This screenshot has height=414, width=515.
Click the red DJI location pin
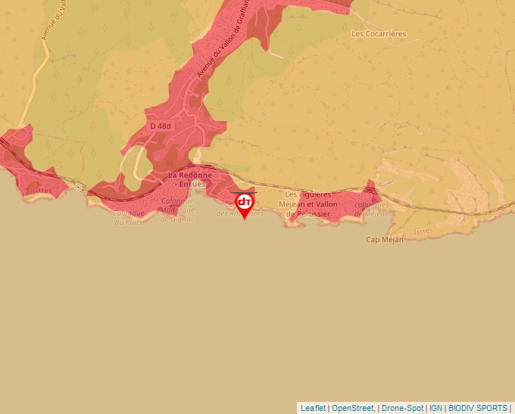pyautogui.click(x=245, y=204)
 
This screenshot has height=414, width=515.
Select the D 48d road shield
pyautogui.click(x=161, y=126)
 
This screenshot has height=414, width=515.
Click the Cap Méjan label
pyautogui.click(x=385, y=240)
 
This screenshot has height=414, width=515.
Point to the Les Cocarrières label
pyautogui.click(x=379, y=34)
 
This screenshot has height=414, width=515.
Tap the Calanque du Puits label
pyautogui.click(x=129, y=217)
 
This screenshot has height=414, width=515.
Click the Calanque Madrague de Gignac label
pyautogui.click(x=177, y=210)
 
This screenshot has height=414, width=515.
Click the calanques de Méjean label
pyautogui.click(x=371, y=209)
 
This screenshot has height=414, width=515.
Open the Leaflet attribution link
pyautogui.click(x=313, y=408)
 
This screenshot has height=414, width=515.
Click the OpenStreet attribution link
pyautogui.click(x=354, y=408)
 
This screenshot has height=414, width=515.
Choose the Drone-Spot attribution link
pyautogui.click(x=401, y=408)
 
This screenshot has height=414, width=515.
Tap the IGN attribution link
pyautogui.click(x=435, y=408)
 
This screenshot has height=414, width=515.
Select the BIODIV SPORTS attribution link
pyautogui.click(x=478, y=408)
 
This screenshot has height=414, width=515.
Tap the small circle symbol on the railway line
pyautogui.click(x=79, y=185)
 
